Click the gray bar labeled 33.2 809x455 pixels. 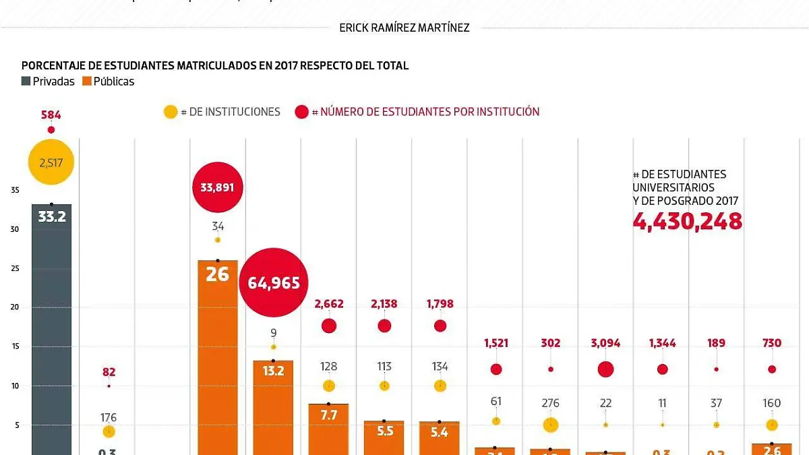(51, 330)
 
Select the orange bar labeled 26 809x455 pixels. (218, 357)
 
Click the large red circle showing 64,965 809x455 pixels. (274, 282)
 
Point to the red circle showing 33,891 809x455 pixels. (218, 187)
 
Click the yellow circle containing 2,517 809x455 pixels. (51, 162)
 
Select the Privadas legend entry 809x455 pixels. (48, 82)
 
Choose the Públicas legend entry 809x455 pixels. (108, 82)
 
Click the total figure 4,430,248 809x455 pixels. (687, 221)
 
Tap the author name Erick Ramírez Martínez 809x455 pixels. (404, 28)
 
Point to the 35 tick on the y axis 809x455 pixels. (15, 190)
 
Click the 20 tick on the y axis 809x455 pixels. (15, 307)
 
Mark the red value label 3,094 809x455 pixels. (605, 344)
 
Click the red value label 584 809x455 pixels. (51, 115)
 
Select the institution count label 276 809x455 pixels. (551, 403)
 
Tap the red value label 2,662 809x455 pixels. (328, 304)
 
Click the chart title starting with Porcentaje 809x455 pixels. (215, 65)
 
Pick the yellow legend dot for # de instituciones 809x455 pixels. (171, 112)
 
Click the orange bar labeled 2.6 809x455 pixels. (772, 449)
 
